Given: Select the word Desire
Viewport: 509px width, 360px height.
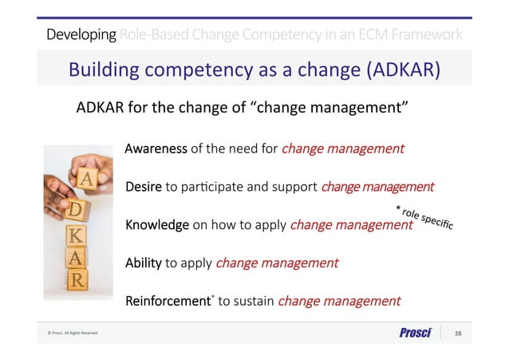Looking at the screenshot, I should tap(144, 187).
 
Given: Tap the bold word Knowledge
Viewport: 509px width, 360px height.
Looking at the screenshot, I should tap(157, 225).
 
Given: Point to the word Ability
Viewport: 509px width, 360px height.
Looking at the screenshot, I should tap(144, 263).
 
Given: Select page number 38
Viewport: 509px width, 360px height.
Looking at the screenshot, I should tap(458, 333).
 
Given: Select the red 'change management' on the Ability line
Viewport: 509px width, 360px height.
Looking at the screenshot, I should tap(277, 263).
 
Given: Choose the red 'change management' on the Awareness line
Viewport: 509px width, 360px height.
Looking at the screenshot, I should tap(342, 148).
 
